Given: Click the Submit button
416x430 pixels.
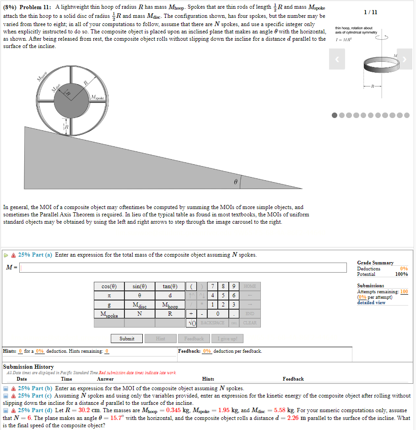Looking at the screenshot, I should pos(127,339).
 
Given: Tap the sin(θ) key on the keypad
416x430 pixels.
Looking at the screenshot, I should pos(139,286).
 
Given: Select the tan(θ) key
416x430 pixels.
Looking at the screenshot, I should pos(170,286).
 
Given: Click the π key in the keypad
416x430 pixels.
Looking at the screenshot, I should pos(108,296).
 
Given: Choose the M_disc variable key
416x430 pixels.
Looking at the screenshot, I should pos(139,305).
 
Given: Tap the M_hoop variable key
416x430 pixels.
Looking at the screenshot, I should pos(170,305).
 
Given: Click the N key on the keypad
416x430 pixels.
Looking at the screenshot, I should pos(139,314).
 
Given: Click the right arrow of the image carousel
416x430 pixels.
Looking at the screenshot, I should pos(405,59).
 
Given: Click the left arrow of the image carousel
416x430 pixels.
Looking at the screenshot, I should pos(337,59).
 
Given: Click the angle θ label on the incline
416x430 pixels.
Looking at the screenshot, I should pos(235,182).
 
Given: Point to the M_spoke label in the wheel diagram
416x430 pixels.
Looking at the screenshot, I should pos(98,97).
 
